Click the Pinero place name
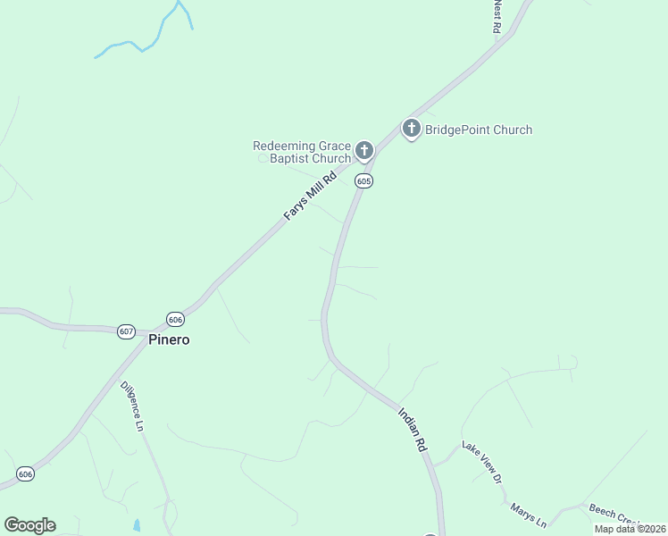pyautogui.click(x=169, y=340)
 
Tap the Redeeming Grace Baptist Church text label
pyautogui.click(x=301, y=152)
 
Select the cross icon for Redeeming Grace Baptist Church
pyautogui.click(x=363, y=150)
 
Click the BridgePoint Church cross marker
pyautogui.click(x=411, y=129)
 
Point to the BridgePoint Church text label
pyautogui.click(x=478, y=130)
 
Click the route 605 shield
pyautogui.click(x=363, y=180)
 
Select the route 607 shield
pyautogui.click(x=126, y=331)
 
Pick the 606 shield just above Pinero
pyautogui.click(x=175, y=319)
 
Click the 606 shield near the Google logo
pyautogui.click(x=25, y=473)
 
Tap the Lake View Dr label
pyautogui.click(x=481, y=461)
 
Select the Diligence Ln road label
pyautogui.click(x=132, y=407)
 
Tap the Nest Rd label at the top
pyautogui.click(x=497, y=16)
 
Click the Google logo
pyautogui.click(x=29, y=525)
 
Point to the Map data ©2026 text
pyautogui.click(x=630, y=529)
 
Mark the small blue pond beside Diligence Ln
pyautogui.click(x=137, y=525)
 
